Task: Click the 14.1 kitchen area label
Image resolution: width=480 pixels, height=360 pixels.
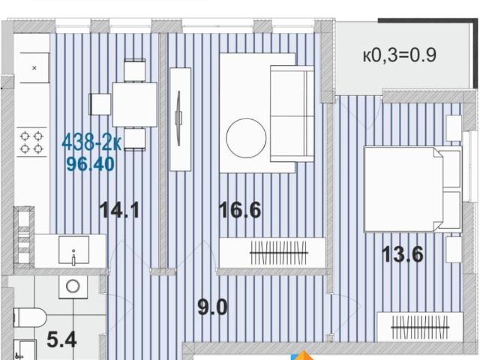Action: coord(119,210)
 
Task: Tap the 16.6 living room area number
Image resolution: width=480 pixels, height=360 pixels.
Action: coord(240,210)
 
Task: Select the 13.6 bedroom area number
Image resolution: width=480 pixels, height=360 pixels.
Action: coord(403,254)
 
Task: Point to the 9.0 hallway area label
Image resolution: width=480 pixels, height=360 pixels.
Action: coord(212,307)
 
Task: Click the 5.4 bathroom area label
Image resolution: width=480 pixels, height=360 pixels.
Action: coord(61,340)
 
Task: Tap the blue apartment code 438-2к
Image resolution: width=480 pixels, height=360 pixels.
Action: coord(91,142)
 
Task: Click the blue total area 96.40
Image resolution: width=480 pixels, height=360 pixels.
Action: coord(91,163)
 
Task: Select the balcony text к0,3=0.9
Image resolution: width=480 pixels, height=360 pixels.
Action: coord(400,55)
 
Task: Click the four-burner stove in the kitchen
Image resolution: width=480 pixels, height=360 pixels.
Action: coord(31,142)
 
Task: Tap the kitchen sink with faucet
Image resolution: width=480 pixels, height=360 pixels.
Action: coord(73,250)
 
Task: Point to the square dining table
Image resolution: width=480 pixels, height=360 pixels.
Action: coord(135,104)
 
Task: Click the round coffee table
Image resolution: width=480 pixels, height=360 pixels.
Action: coord(246,138)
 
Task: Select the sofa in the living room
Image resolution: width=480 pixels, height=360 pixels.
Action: coord(292,114)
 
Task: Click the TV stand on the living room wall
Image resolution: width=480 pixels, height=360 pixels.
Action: coord(180,119)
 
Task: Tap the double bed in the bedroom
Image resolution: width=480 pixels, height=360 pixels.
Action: coord(412,189)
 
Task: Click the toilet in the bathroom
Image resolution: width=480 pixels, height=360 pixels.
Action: coord(30,318)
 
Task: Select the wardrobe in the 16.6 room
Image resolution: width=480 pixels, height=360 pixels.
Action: coord(272,253)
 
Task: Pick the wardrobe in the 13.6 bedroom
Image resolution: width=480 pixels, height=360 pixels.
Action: coord(420,327)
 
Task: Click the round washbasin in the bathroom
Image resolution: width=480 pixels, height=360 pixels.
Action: coord(73,286)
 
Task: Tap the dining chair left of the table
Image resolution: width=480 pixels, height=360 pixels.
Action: coord(100,104)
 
